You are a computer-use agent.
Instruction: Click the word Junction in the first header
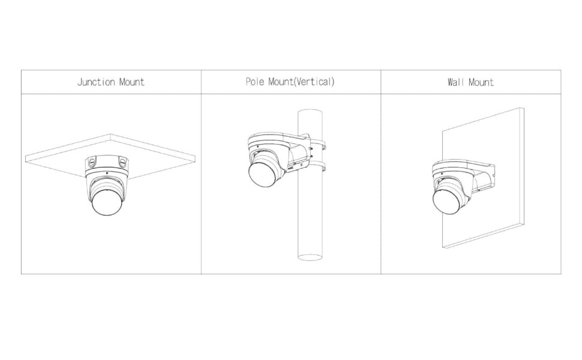(x=96, y=82)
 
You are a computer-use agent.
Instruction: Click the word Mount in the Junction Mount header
(x=132, y=82)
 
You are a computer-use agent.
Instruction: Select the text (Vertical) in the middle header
(x=314, y=81)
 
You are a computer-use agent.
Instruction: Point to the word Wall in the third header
(x=456, y=82)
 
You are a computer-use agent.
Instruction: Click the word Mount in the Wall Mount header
(x=481, y=82)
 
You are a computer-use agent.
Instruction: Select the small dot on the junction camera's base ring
(x=107, y=173)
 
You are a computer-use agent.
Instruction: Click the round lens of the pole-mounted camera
(x=262, y=174)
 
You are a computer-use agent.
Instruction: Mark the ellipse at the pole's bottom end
(x=310, y=257)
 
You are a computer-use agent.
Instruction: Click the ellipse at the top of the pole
(x=310, y=112)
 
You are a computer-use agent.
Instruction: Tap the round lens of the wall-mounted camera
(x=447, y=201)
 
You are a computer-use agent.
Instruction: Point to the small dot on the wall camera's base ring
(x=442, y=173)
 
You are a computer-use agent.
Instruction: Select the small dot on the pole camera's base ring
(x=258, y=146)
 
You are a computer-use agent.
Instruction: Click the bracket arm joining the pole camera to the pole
(x=299, y=152)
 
